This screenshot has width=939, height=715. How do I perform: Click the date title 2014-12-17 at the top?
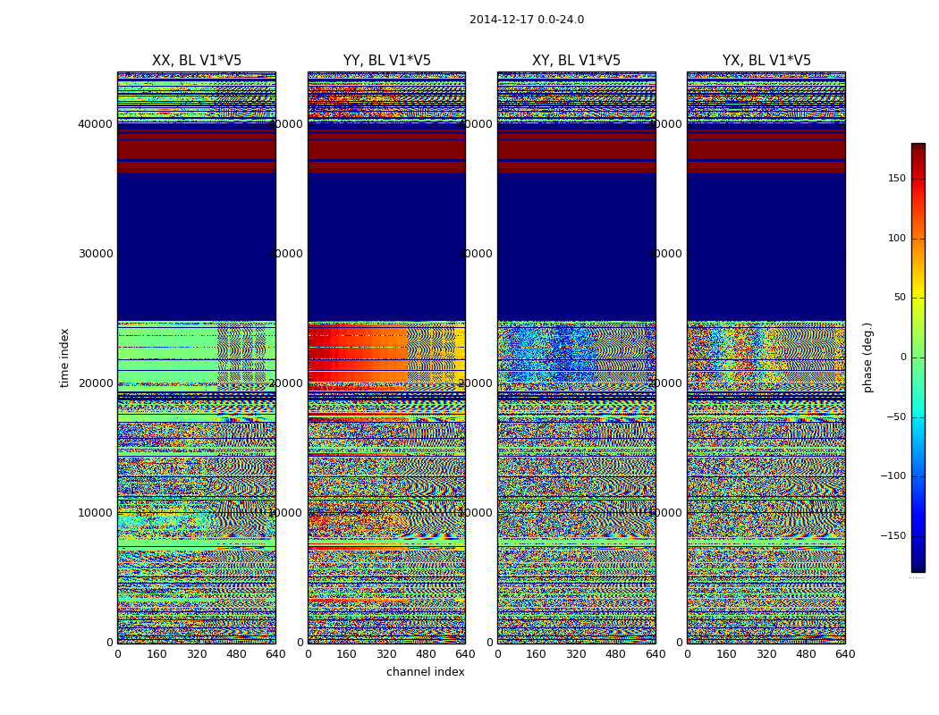pyautogui.click(x=526, y=20)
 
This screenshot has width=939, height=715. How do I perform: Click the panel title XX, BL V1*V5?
pyautogui.click(x=197, y=61)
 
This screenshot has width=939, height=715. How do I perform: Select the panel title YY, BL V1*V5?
pyautogui.click(x=386, y=61)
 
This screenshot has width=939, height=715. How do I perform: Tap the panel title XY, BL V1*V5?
pyautogui.click(x=576, y=61)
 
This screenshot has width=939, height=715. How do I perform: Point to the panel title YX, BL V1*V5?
pyautogui.click(x=766, y=61)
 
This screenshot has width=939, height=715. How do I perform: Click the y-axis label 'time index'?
pyautogui.click(x=64, y=357)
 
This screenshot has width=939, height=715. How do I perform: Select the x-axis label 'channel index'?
pyautogui.click(x=425, y=672)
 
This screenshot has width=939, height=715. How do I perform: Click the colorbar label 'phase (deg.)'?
pyautogui.click(x=867, y=357)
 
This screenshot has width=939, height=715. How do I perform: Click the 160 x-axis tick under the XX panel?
pyautogui.click(x=156, y=654)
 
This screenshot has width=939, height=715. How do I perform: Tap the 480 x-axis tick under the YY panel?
pyautogui.click(x=426, y=654)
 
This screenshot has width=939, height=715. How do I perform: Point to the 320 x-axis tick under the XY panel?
pyautogui.click(x=576, y=654)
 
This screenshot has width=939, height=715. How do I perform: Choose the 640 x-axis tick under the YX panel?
pyautogui.click(x=845, y=654)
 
